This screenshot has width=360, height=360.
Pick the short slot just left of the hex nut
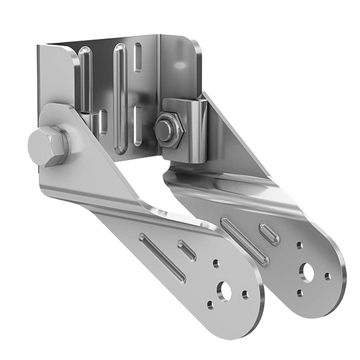[x=138, y=121]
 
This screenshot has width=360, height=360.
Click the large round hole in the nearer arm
[x=224, y=290]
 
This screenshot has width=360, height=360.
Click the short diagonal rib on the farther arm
[x=269, y=234]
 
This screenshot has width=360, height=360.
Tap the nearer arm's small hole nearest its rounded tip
[x=245, y=295]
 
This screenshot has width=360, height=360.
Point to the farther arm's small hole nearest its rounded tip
[x=328, y=276]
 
